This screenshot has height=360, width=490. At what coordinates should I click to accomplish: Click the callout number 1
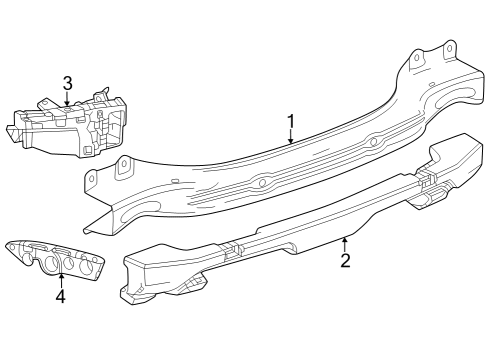point(291,123)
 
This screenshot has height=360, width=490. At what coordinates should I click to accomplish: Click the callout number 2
point(345,261)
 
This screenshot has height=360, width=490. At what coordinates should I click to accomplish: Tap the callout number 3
point(67,83)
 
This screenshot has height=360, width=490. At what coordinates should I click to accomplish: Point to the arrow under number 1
point(291,139)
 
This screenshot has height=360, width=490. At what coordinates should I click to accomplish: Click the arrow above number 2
point(345,243)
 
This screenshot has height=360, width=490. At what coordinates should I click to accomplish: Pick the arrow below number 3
point(67,100)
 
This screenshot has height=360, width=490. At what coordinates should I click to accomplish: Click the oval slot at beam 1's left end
point(141,206)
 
